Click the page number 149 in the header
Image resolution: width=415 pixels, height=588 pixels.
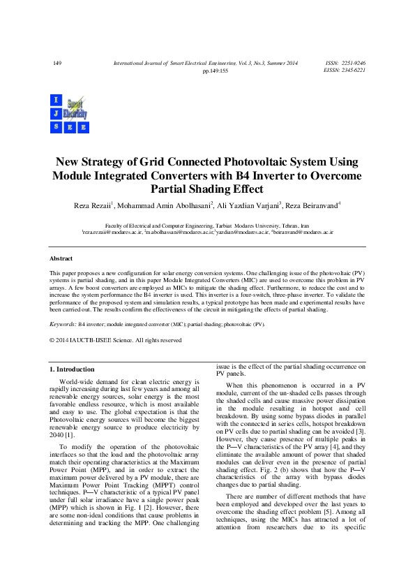coord(57,64)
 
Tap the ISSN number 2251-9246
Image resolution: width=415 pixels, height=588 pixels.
coord(354,64)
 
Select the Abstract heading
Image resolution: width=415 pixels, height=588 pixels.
coord(61,258)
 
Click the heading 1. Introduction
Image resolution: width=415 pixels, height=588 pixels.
coord(71,369)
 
